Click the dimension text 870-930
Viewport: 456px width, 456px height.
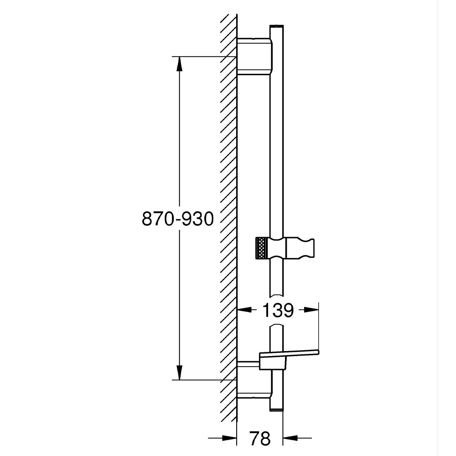[x=178, y=220]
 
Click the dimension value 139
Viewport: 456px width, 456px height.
[x=277, y=311]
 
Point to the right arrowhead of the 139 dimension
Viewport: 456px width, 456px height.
[x=311, y=311]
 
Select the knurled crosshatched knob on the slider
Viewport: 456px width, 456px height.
[x=262, y=249]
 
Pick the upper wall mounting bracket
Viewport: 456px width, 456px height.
[x=255, y=56]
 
